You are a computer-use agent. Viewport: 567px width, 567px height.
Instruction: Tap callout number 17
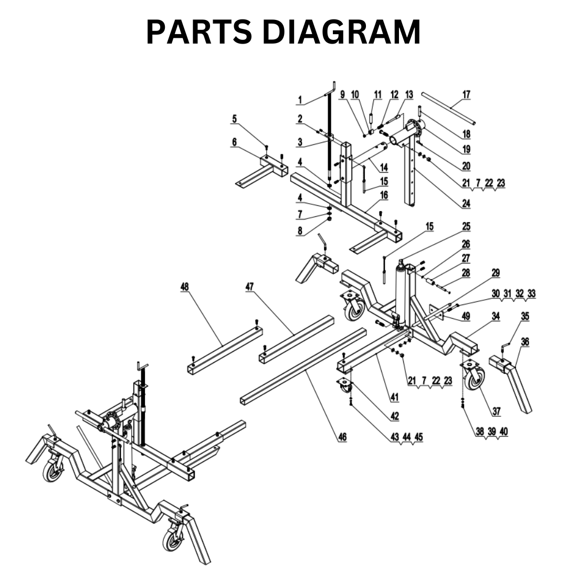pos(466,95)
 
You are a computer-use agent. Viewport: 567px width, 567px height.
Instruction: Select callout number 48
pos(184,287)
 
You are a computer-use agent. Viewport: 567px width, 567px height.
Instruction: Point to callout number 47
pos(249,287)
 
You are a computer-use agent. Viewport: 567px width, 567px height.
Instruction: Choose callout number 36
pos(524,342)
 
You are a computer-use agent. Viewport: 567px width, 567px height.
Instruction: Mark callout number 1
pos(300,100)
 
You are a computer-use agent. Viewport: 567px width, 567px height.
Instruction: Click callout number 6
pos(234,142)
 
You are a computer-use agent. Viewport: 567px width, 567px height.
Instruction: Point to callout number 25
pos(466,227)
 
